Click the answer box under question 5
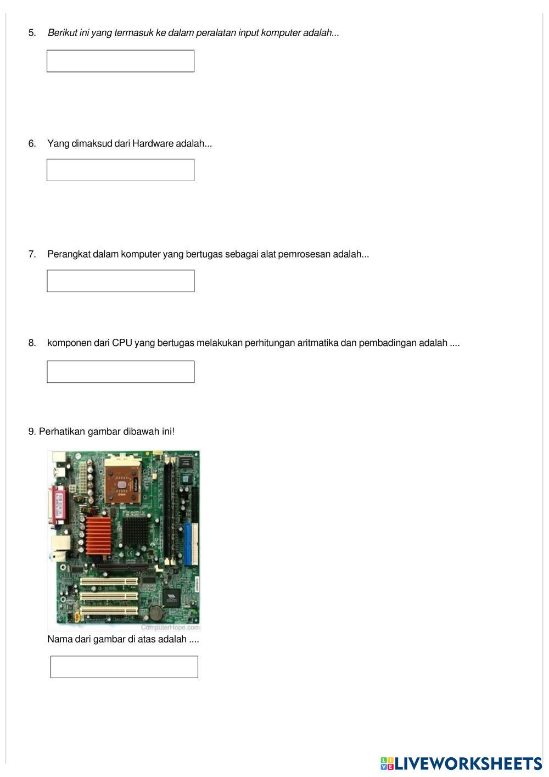pos(120,61)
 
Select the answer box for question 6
pos(120,170)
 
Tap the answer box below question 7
pos(120,281)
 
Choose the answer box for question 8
pos(120,372)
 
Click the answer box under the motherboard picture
pos(124,667)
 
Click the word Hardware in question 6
pos(153,144)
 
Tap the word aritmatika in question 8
pos(317,343)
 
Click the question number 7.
pos(32,254)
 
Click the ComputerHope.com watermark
pos(170,627)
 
